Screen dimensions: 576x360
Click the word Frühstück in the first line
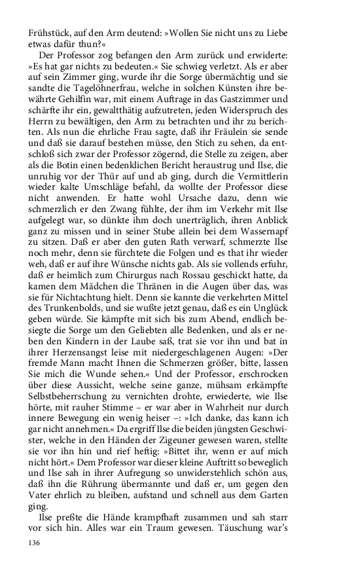click(50, 33)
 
